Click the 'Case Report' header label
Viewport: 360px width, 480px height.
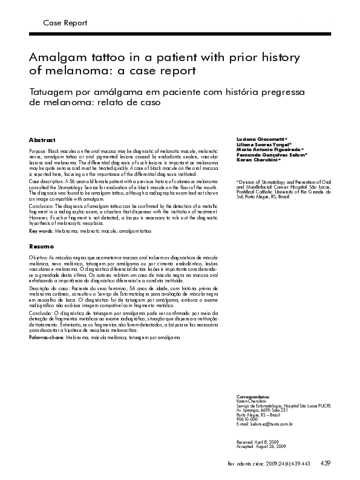pos(65,23)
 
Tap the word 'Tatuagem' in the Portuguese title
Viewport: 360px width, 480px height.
pos(56,91)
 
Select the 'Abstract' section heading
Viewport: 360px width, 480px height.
pos(42,140)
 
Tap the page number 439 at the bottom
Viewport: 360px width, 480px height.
pos(325,464)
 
